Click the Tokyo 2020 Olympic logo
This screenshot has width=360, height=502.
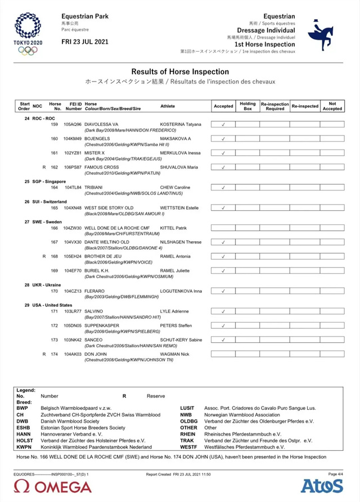click(28, 34)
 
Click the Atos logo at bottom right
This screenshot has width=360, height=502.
click(322, 486)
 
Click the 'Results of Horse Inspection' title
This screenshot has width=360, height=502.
click(180, 72)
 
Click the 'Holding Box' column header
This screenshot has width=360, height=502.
click(247, 106)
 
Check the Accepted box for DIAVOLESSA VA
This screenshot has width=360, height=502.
click(223, 124)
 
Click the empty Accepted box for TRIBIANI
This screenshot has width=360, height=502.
click(223, 188)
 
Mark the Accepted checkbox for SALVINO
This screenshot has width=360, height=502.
click(223, 311)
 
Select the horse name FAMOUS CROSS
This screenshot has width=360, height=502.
click(102, 167)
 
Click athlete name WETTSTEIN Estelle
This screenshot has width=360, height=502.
click(179, 208)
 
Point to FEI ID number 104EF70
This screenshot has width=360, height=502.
click(73, 270)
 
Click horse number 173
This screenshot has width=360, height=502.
click(55, 340)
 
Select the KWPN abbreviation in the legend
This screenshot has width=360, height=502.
click(23, 447)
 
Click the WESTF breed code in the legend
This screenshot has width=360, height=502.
click(188, 447)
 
